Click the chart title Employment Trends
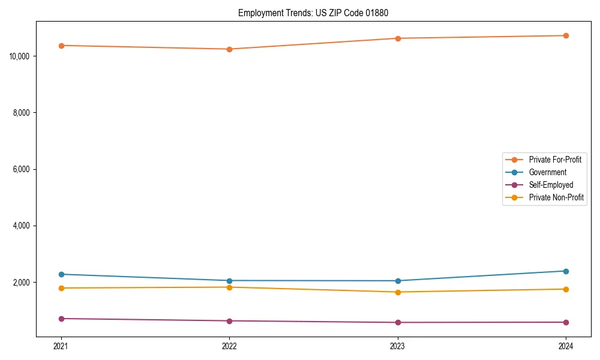317,13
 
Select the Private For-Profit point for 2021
61,46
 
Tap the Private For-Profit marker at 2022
229,49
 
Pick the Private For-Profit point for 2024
566,35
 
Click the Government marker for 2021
61,274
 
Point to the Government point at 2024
566,271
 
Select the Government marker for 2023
398,281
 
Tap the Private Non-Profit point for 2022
229,287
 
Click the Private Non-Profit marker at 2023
398,292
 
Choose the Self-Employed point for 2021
61,319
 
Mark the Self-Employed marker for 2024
566,322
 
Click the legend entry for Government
547,172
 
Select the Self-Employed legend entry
551,185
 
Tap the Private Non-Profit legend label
556,197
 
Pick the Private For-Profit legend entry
554,160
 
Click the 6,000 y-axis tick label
22,169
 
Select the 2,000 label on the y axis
22,283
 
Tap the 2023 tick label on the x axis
398,346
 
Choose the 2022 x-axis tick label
229,346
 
